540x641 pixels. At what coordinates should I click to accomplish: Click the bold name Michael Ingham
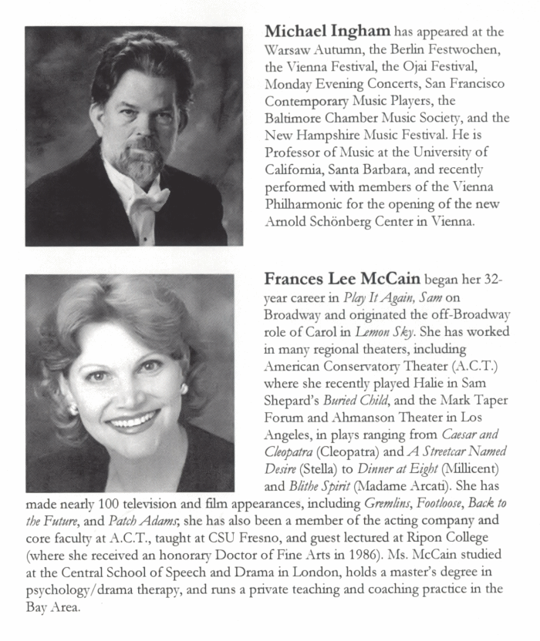[328, 32]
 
